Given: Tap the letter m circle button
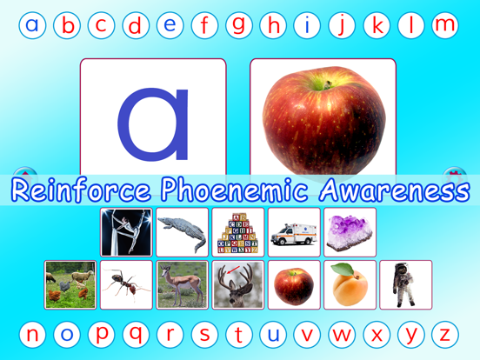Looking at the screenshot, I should (445, 25).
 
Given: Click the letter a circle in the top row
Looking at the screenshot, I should (32, 25).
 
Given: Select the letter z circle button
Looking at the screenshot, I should (444, 334).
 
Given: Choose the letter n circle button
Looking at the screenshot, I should (32, 334).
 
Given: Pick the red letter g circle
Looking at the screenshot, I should (239, 25).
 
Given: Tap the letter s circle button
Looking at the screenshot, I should (204, 334).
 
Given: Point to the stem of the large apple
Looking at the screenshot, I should (329, 82).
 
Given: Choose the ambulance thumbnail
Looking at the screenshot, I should (294, 232).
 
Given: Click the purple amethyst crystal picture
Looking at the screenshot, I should (350, 232).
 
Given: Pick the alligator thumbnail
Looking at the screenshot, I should (182, 232).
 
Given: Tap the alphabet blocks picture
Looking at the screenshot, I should (237, 232).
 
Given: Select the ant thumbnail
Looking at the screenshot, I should (126, 284).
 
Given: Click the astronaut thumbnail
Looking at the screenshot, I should (405, 284).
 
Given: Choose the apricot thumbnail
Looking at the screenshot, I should (350, 284).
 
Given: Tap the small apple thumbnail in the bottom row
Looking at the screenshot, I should (294, 284).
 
